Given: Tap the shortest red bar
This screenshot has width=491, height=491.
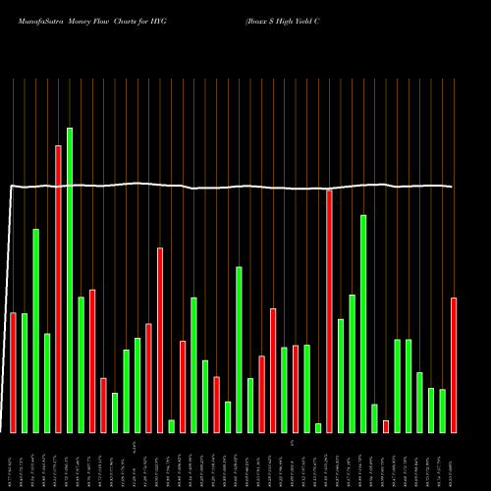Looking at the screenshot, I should pos(386,426).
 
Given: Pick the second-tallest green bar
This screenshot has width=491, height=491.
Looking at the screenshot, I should pos(363,323).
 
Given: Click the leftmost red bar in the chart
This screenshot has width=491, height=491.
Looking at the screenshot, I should pos(13,372).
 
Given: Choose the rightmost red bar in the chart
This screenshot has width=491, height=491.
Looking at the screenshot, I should pos(454,364).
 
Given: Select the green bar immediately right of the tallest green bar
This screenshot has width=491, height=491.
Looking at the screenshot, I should pos(81,364).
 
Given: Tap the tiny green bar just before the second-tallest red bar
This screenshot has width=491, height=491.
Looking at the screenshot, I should pos(318,427).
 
